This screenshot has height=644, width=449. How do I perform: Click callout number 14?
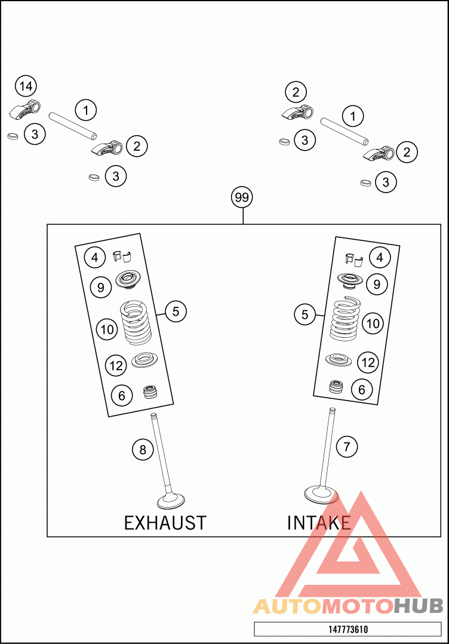pyautogui.click(x=26, y=86)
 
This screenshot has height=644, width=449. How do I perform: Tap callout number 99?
pyautogui.click(x=242, y=197)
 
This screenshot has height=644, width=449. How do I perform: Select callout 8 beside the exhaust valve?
pyautogui.click(x=143, y=449)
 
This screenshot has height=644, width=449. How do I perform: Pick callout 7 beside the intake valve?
pyautogui.click(x=347, y=445)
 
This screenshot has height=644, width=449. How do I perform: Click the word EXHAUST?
pyautogui.click(x=165, y=523)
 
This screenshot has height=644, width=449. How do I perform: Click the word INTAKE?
pyautogui.click(x=319, y=523)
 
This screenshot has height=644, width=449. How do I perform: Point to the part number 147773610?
pyautogui.click(x=347, y=630)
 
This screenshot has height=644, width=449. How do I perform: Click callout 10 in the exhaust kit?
pyautogui.click(x=107, y=329)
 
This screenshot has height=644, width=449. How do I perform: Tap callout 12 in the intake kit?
pyautogui.click(x=368, y=362)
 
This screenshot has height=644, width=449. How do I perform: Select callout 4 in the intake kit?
pyautogui.click(x=380, y=258)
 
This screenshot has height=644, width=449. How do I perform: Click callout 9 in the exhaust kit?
pyautogui.click(x=101, y=288)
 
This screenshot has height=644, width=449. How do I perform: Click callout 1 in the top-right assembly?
pyautogui.click(x=353, y=116)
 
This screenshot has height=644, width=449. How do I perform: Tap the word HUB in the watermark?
pyautogui.click(x=418, y=606)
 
